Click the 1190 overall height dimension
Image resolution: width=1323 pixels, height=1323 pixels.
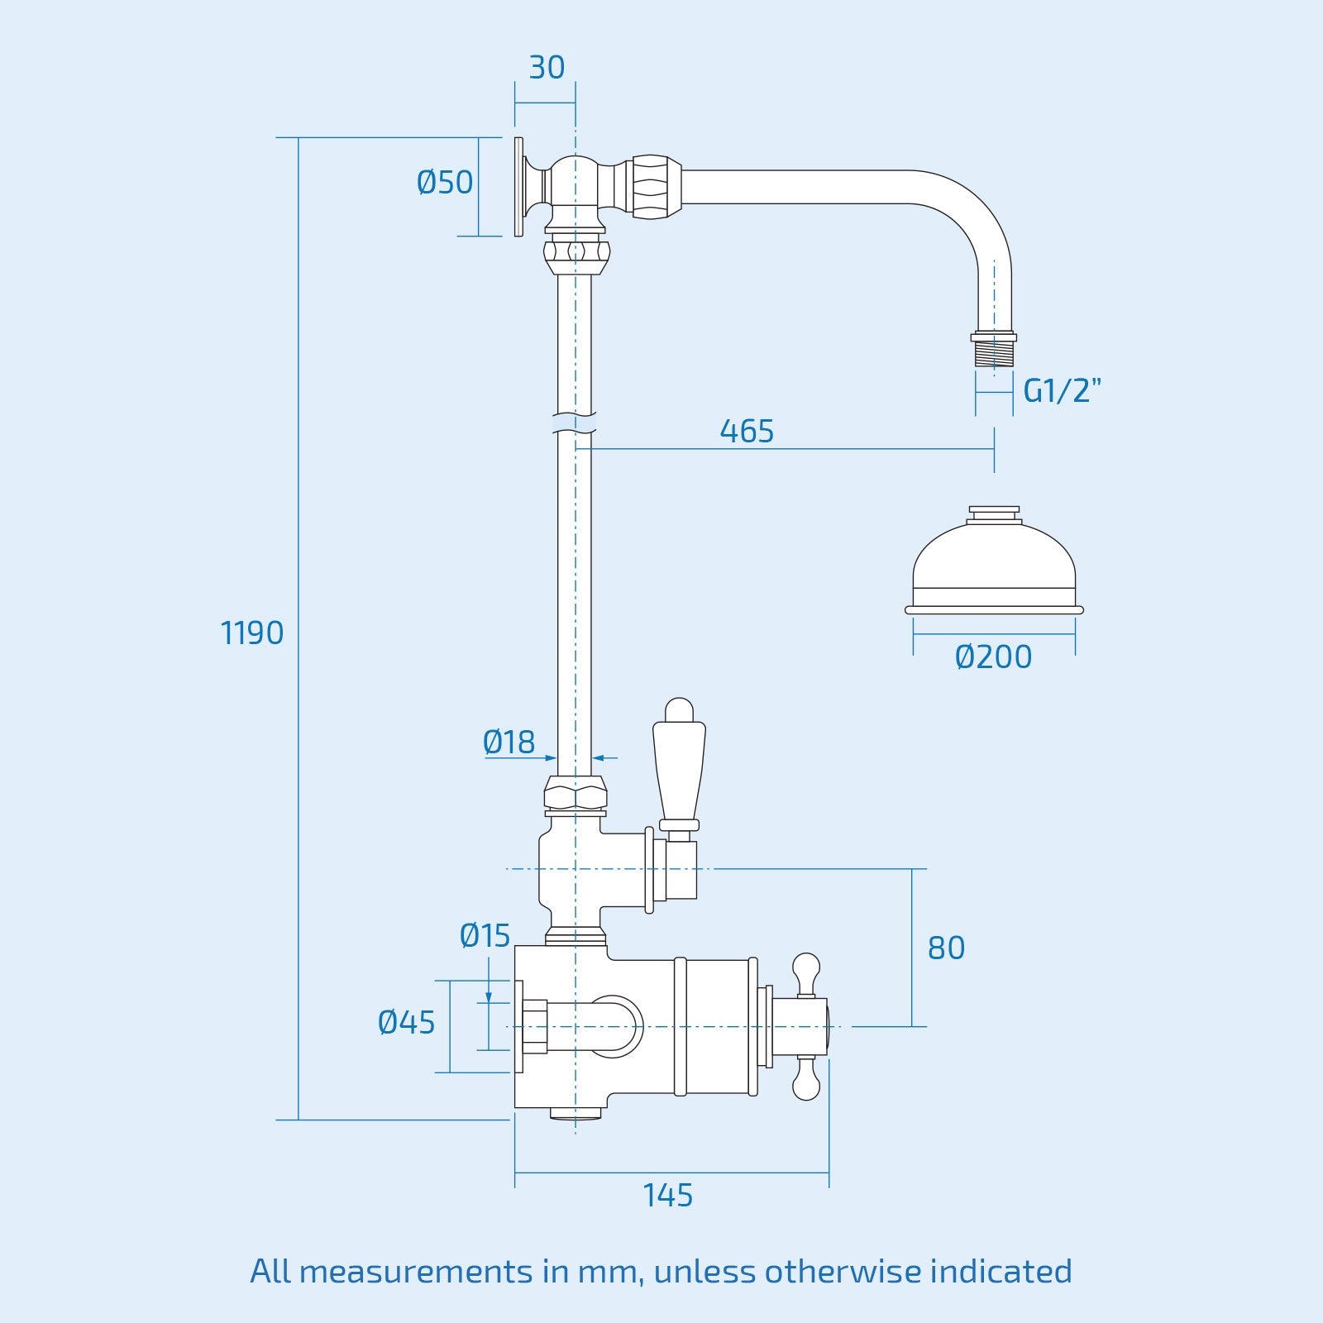(x=252, y=633)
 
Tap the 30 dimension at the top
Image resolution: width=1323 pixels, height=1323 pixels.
(x=547, y=68)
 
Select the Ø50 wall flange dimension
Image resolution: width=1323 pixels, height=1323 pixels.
(x=445, y=182)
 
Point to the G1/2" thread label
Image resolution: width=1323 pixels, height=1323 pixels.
(x=1063, y=390)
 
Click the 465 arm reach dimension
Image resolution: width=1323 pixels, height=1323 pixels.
(x=747, y=431)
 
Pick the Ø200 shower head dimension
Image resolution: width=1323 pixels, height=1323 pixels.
(x=993, y=657)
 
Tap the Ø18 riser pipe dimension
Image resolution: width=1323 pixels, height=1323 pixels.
(x=509, y=743)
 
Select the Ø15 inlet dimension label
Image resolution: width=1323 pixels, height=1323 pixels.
(x=485, y=936)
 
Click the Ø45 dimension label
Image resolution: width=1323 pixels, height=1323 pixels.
(x=406, y=1023)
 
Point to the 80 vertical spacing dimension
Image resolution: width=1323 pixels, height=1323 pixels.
(x=946, y=948)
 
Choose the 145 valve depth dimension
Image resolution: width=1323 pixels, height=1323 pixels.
(x=668, y=1195)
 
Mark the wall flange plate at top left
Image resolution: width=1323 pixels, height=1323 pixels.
(x=518, y=187)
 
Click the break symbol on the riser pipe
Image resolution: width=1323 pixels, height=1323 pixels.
(x=575, y=424)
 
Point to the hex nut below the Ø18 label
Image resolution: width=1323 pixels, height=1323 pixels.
(x=576, y=795)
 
